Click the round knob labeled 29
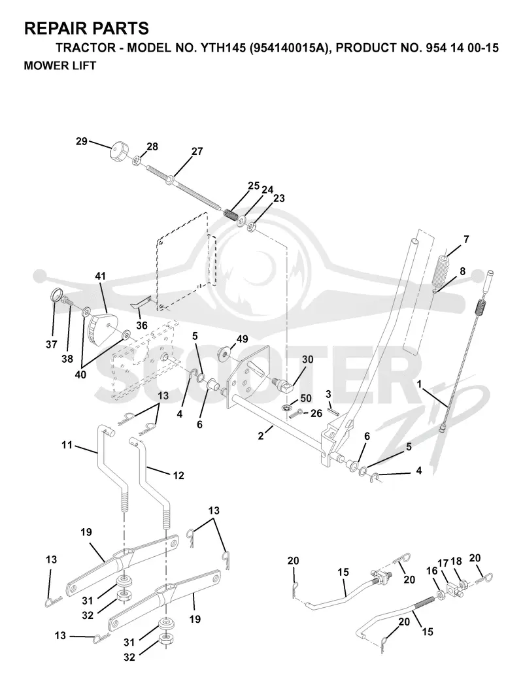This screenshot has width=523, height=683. click(118, 151)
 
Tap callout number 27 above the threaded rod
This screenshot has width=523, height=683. click(197, 151)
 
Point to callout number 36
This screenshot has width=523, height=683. click(142, 325)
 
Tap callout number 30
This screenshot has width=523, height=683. click(308, 359)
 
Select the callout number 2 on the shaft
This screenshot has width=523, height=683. click(261, 435)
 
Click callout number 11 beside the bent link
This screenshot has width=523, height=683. click(67, 445)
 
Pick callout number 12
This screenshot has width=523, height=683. click(178, 475)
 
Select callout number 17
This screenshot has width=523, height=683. click(443, 563)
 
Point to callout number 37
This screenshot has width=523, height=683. click(52, 344)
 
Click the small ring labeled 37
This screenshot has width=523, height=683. click(56, 295)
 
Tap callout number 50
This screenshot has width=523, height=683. click(306, 398)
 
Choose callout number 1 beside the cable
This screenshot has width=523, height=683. click(419, 384)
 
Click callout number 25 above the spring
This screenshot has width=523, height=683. click(254, 186)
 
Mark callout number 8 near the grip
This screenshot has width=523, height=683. click(462, 271)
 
